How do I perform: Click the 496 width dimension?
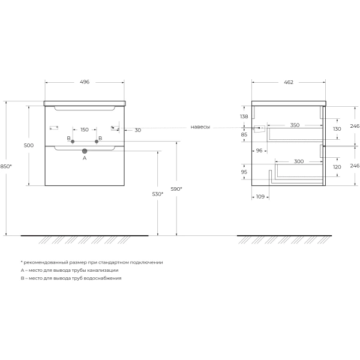[85, 82]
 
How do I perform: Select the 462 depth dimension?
[289, 82]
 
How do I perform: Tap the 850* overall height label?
[6, 166]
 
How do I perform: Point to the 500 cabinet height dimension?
[29, 145]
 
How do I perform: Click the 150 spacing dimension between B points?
[85, 130]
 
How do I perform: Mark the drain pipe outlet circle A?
[85, 151]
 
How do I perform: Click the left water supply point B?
[73, 142]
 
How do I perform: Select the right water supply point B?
[97, 142]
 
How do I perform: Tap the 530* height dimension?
[158, 194]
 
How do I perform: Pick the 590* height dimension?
[176, 189]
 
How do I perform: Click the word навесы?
[200, 127]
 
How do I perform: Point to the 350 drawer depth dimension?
[295, 125]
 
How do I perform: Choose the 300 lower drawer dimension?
[299, 161]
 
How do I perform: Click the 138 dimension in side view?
[244, 116]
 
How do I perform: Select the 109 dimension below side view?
[260, 197]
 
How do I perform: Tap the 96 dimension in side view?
[259, 151]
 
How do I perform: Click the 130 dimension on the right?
[337, 129]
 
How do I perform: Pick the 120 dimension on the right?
[337, 167]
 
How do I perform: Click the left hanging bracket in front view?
[54, 128]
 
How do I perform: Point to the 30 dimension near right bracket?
[138, 130]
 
